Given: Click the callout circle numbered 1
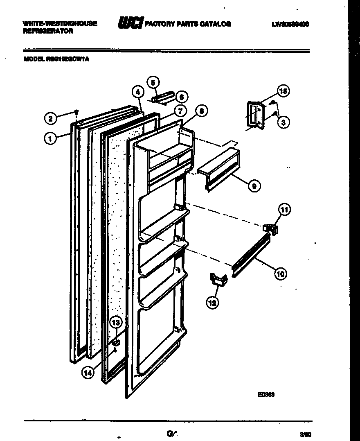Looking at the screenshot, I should (50, 139).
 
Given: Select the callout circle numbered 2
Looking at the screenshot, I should (50, 119).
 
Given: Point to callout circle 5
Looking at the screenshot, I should (153, 82).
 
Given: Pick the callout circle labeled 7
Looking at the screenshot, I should (180, 111).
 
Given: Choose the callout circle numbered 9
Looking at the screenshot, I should (254, 186).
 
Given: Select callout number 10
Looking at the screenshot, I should (280, 273).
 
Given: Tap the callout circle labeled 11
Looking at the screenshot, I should (284, 210).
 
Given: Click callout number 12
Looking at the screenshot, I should (212, 303).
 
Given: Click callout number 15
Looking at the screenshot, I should (283, 91).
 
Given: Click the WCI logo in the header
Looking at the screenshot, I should (130, 24).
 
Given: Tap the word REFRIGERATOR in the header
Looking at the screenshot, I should (48, 31).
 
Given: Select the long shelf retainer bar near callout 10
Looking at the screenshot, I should (251, 257).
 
